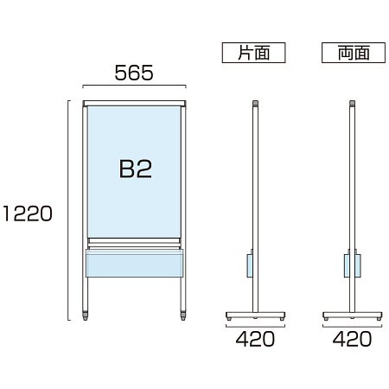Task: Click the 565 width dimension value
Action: coord(134,73)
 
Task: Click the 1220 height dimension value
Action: coord(28,214)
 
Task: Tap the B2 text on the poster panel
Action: coord(136,169)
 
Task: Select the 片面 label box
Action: coord(253,53)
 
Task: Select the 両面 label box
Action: coord(354,53)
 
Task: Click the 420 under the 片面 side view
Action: coord(255,339)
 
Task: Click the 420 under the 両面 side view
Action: coord(352,339)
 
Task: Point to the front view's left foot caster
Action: coord(86,316)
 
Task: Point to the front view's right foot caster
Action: coord(183,316)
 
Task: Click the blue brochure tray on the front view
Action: coord(134,264)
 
